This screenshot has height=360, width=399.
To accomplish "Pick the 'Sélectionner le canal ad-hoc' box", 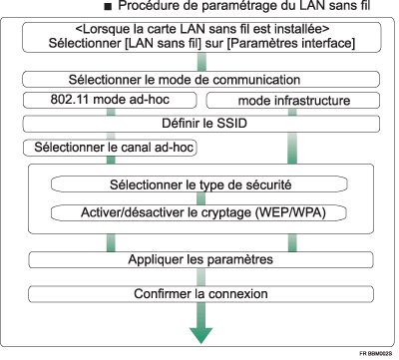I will coord(109,148).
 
